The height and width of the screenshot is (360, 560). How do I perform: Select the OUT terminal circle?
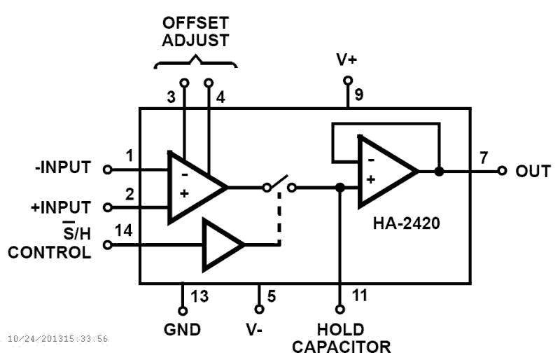point(502,171)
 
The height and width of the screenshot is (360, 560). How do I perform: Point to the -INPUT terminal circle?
point(107,169)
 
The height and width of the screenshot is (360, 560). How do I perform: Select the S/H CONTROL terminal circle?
point(107,244)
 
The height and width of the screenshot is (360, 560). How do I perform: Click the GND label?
point(183,330)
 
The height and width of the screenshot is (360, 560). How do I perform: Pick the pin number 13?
point(200,296)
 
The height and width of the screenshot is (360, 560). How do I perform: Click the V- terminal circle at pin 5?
point(259,309)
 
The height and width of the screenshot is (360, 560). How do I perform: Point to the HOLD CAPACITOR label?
point(341,338)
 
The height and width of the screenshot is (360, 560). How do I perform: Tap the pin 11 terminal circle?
point(340,309)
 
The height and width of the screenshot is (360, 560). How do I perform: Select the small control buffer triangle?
point(221,244)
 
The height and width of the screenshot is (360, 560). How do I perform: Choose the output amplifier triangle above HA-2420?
point(385,172)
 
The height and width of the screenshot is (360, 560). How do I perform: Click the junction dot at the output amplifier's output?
point(439,171)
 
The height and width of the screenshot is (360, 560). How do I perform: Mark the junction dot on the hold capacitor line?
point(340,187)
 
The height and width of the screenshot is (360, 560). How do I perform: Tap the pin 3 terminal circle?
point(184,83)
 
